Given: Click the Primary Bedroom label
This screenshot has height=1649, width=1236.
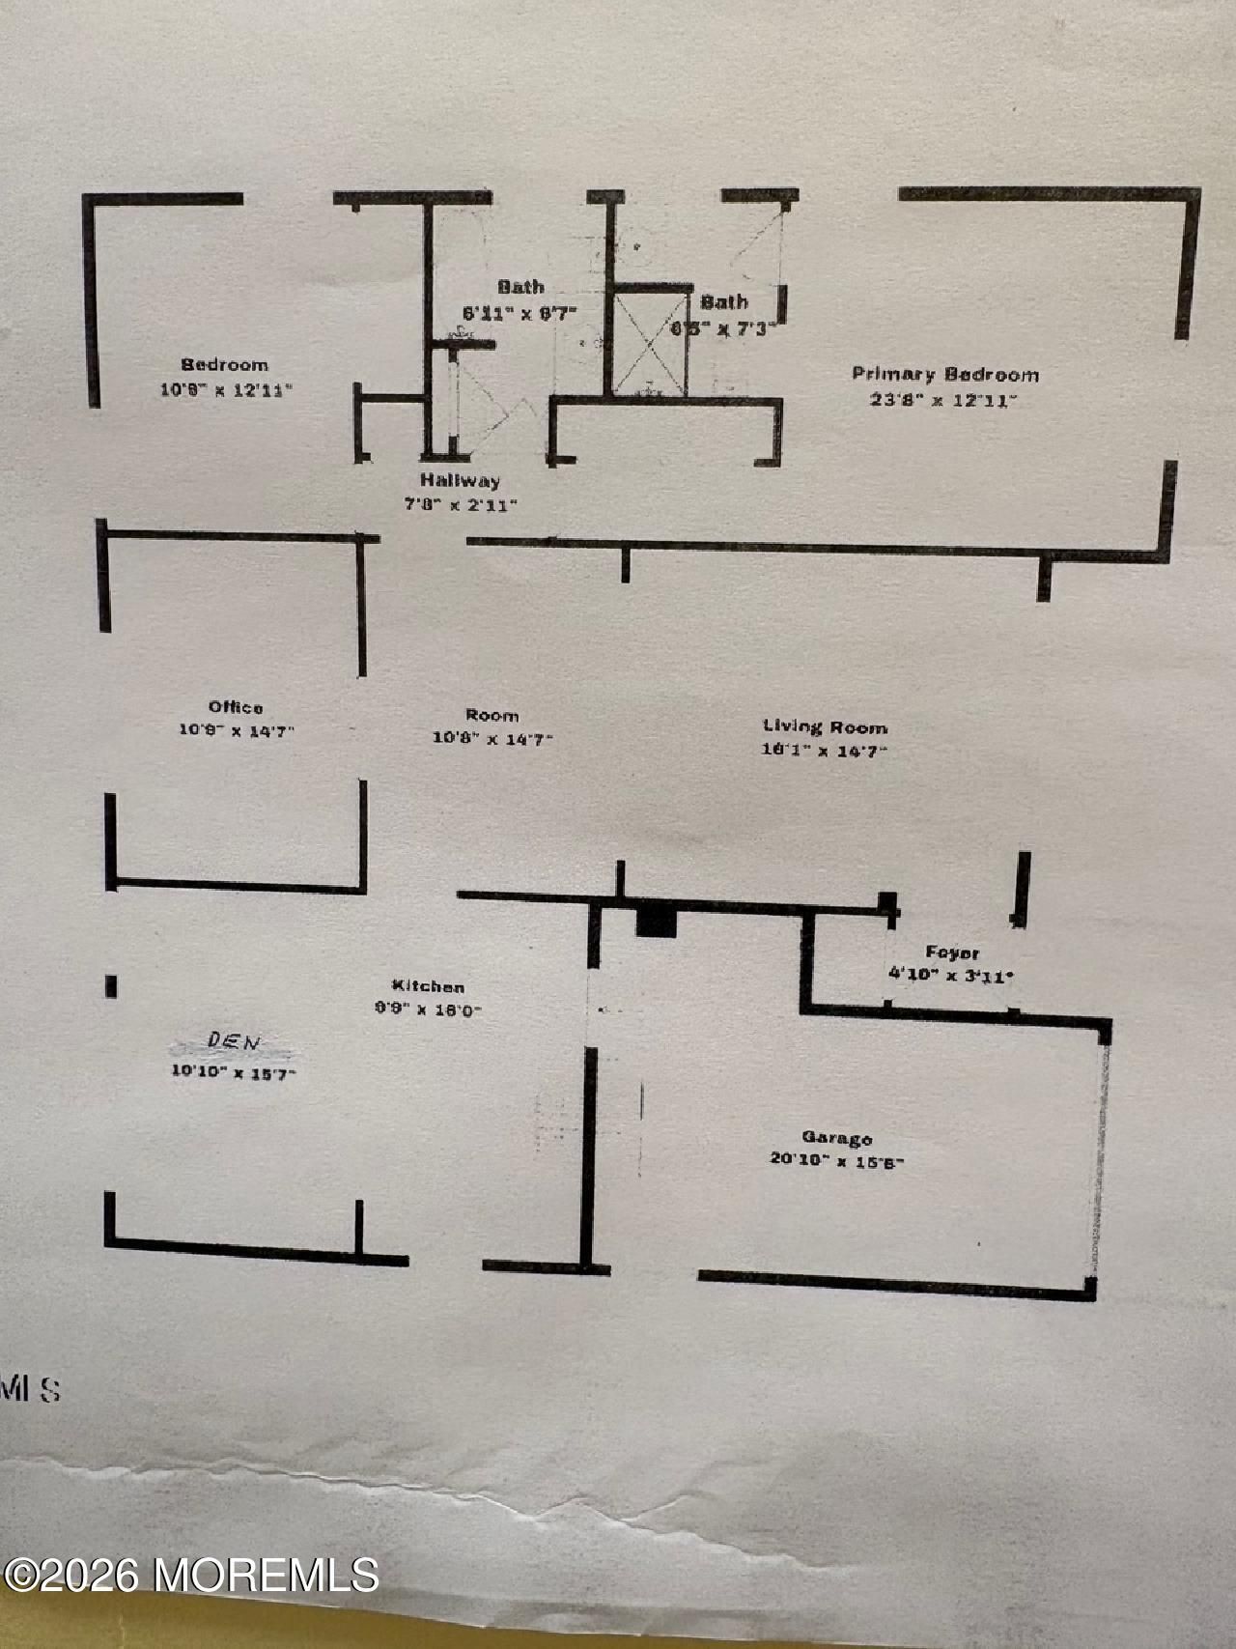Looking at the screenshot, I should click(944, 375).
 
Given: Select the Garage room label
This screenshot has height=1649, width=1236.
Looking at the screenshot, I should click(836, 1138).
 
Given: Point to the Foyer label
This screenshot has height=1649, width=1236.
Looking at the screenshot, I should click(952, 952).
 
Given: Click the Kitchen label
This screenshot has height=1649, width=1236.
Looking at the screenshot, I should click(428, 986).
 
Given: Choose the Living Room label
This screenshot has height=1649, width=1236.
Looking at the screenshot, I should click(825, 726).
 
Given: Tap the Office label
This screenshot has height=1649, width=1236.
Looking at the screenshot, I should click(236, 707).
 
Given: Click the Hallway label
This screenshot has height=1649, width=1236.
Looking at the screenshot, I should click(460, 480).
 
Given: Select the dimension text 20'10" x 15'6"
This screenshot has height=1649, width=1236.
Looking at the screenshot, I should click(836, 1160).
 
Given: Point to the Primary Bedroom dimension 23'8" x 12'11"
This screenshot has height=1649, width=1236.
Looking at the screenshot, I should click(943, 399).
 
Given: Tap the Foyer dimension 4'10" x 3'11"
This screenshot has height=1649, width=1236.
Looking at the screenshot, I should click(950, 976).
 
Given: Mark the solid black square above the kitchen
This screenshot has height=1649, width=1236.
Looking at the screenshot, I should click(657, 922).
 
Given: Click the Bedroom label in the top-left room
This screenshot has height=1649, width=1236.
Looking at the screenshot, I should click(225, 365).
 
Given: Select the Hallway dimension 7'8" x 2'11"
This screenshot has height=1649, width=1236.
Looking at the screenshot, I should click(460, 503).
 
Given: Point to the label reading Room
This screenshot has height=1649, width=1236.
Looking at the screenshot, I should click(492, 716).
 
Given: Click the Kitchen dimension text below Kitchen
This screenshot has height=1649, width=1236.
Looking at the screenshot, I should click(428, 1009).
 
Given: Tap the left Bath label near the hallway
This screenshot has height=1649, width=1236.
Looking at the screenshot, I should click(520, 287).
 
